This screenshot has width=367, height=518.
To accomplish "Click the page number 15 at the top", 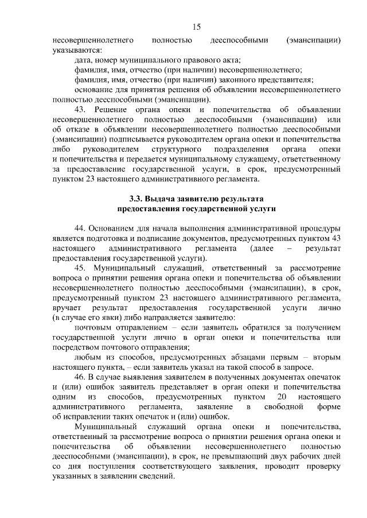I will tap(196, 27).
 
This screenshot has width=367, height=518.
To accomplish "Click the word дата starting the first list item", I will tap(84, 60).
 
